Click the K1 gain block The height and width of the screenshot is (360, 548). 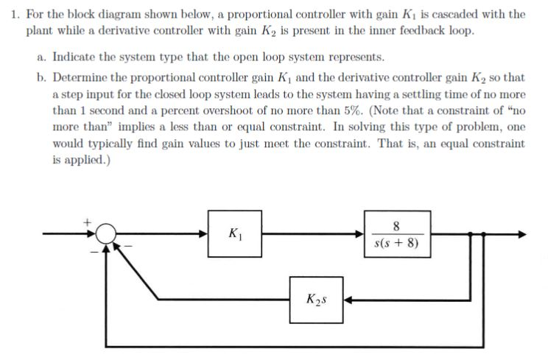pos(234,233)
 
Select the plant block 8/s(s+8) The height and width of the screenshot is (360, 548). pos(396,233)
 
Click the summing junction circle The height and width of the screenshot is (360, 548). pos(108,234)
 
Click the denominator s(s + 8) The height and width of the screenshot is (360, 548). pos(396,244)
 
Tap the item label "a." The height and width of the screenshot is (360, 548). pos(43,57)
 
